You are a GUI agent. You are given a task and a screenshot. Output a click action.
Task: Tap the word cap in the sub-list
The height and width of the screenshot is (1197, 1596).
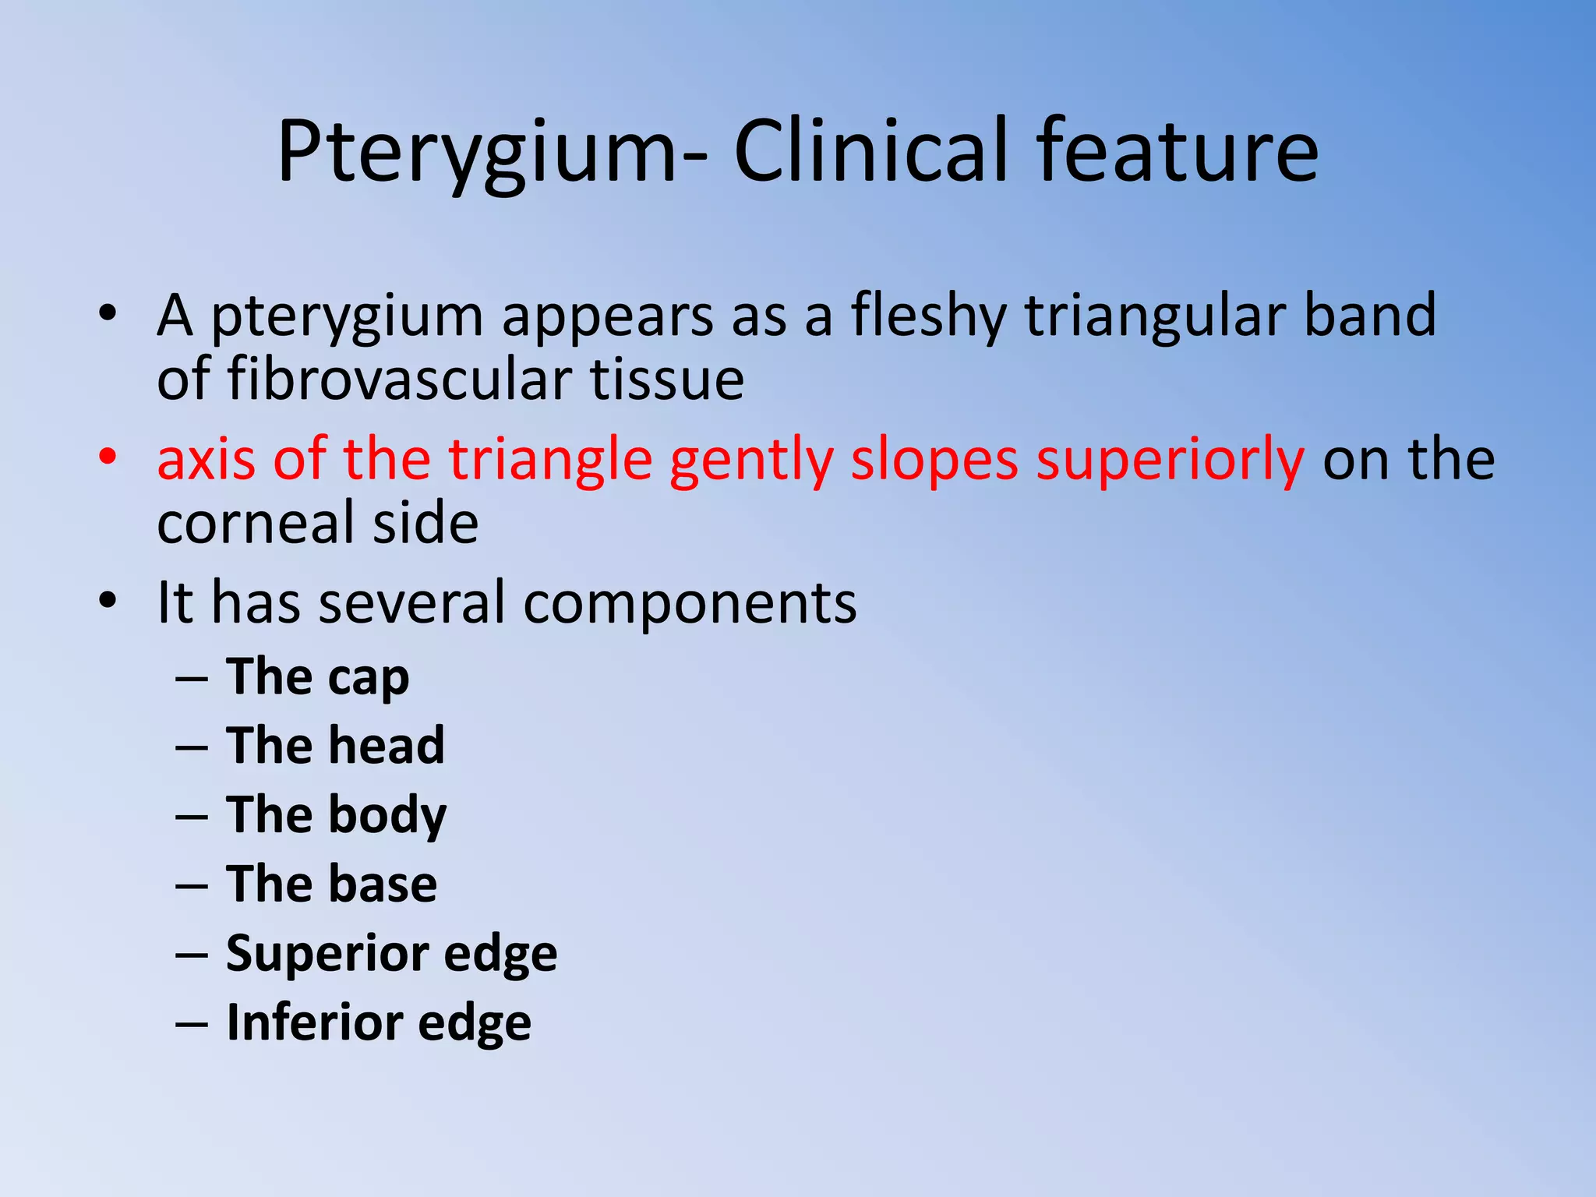point(368,678)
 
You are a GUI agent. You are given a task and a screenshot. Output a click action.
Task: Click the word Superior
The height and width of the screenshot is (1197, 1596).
point(327,954)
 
